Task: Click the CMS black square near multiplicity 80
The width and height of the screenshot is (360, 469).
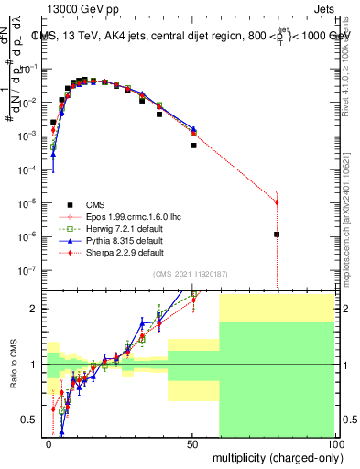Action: click(277, 234)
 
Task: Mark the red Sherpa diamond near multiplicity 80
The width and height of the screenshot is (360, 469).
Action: click(277, 202)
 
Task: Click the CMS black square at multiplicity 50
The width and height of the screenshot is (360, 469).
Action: click(193, 145)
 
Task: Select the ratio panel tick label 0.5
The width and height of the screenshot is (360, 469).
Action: click(30, 420)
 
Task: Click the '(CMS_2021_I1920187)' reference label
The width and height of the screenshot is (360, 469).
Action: click(191, 273)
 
